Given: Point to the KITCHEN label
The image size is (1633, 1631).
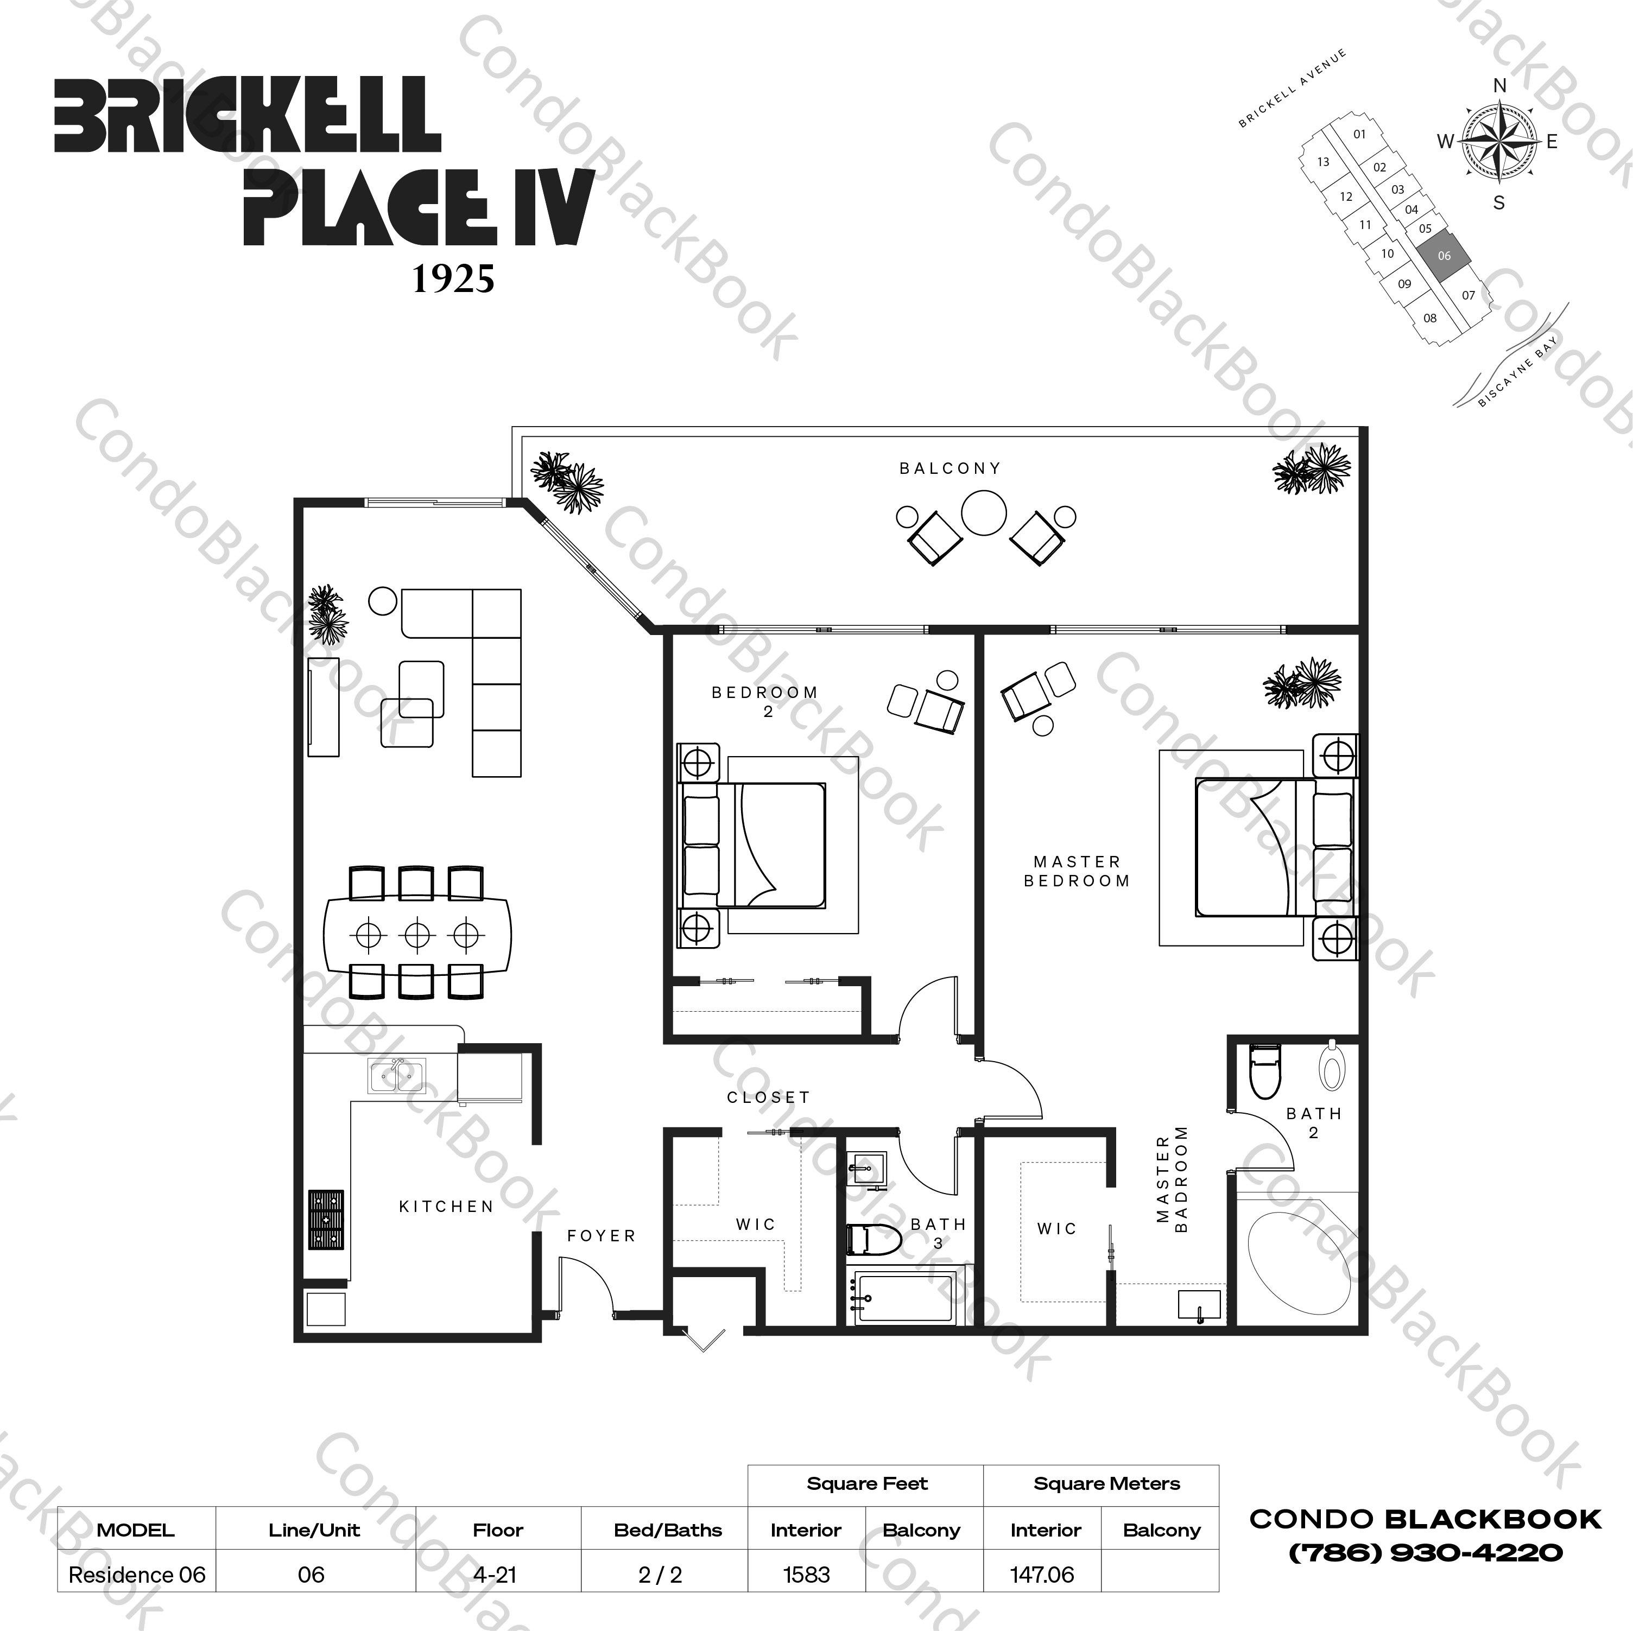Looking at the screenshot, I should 446,1207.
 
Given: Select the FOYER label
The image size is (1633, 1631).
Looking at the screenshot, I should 601,1235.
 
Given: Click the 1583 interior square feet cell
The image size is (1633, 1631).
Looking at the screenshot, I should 806,1575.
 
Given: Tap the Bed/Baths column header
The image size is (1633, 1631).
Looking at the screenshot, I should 668,1530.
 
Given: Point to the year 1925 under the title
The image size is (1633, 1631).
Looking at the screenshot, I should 453,279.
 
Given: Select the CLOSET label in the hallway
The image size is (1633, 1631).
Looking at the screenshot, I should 768,1097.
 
